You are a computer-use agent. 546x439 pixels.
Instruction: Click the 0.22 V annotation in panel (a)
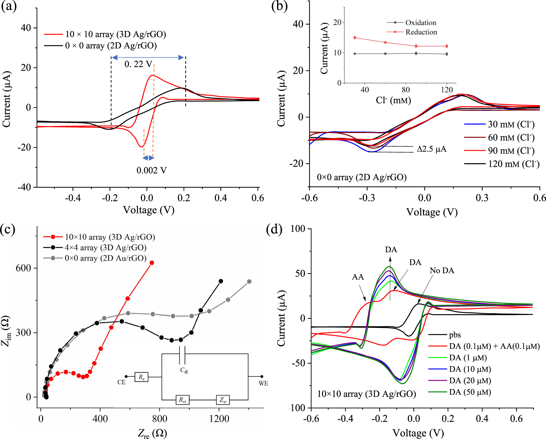pyautogui.click(x=138, y=64)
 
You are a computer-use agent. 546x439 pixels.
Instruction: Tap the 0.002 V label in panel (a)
pyautogui.click(x=151, y=170)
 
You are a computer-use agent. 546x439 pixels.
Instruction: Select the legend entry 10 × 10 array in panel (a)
pyautogui.click(x=115, y=34)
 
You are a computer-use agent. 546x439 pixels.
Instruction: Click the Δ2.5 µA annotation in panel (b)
pyautogui.click(x=431, y=149)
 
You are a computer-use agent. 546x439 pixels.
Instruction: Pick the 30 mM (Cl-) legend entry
pyautogui.click(x=511, y=124)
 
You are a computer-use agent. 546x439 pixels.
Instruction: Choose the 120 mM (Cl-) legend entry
pyautogui.click(x=514, y=164)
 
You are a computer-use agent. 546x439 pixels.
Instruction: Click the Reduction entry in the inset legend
pyautogui.click(x=421, y=32)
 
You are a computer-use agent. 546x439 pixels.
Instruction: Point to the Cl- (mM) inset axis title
pyautogui.click(x=393, y=100)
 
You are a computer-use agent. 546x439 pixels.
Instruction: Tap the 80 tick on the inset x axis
pyautogui.click(x=406, y=90)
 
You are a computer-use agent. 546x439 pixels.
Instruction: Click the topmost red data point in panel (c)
pyautogui.click(x=152, y=263)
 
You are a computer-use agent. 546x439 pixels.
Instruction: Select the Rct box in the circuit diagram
pyautogui.click(x=182, y=400)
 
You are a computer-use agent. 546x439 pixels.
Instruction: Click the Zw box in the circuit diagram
pyautogui.click(x=223, y=400)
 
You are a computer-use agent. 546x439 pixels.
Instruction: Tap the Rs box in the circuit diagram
pyautogui.click(x=141, y=377)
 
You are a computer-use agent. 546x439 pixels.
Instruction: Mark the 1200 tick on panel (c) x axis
pyautogui.click(x=219, y=419)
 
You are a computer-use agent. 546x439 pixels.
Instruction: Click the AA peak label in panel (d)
pyautogui.click(x=358, y=277)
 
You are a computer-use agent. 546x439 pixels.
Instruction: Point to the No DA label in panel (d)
pyautogui.click(x=442, y=271)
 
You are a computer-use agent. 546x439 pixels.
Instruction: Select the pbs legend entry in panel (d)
pyautogui.click(x=455, y=335)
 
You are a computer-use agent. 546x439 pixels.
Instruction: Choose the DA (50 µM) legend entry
pyautogui.click(x=470, y=392)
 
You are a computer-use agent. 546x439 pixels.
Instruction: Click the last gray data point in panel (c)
pyautogui.click(x=249, y=281)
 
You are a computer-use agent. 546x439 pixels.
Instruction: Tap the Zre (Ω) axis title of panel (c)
pyautogui.click(x=152, y=433)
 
